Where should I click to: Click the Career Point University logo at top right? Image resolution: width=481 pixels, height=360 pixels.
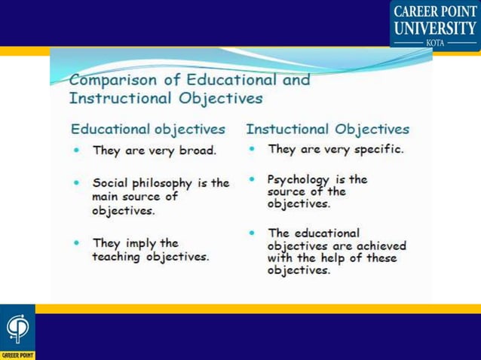[434, 24]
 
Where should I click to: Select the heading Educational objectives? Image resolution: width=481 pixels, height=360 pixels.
[148, 129]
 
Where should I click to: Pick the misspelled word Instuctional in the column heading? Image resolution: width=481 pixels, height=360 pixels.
[289, 129]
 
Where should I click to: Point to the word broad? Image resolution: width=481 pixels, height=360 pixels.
[198, 150]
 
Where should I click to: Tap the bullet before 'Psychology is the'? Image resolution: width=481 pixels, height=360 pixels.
[252, 180]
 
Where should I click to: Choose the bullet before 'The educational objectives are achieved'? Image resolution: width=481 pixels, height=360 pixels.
[252, 233]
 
